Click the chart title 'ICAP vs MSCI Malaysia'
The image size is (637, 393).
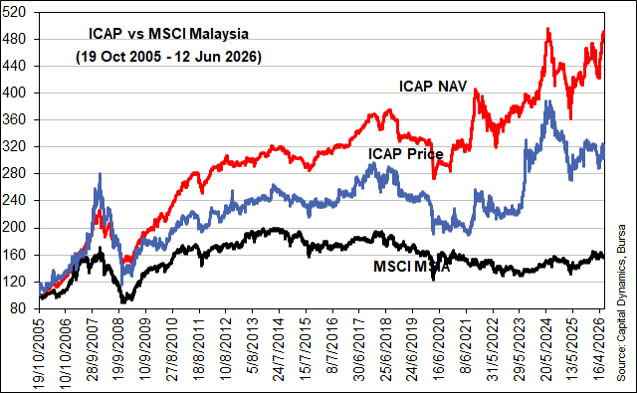(168, 34)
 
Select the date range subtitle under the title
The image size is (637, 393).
(168, 57)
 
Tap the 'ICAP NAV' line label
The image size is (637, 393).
(433, 87)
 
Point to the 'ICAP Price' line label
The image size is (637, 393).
(406, 154)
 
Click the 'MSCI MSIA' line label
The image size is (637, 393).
(411, 267)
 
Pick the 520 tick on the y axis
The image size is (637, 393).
(14, 12)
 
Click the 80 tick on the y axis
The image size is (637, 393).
(18, 308)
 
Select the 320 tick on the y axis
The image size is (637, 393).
(14, 146)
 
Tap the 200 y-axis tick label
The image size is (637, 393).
(14, 228)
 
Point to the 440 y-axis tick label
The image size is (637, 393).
(14, 66)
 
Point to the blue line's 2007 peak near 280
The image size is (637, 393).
(100, 174)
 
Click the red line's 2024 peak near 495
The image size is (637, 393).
(548, 29)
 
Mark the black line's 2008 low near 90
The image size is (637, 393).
(123, 301)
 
